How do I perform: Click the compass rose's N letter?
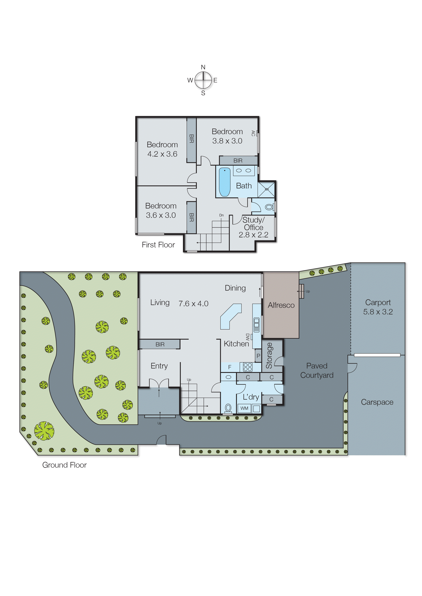point(203,67)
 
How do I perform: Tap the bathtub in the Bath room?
point(225,182)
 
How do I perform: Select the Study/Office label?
point(253,223)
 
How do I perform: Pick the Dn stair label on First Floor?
point(221,215)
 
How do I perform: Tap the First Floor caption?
point(158,245)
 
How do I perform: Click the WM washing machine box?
point(244,408)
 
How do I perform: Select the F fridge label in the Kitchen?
point(230,367)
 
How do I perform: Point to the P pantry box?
point(258,356)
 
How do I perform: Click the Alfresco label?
point(281,305)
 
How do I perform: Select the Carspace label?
point(377,402)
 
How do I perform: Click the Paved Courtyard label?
point(317,371)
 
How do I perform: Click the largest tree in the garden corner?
point(44,431)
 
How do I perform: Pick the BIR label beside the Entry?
point(160,345)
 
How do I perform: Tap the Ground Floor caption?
point(64,465)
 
